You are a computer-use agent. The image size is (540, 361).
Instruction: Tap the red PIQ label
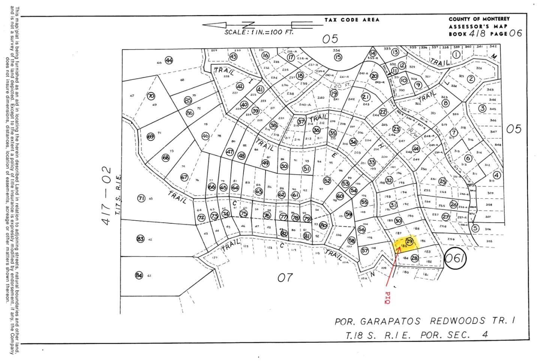click(x=388, y=297)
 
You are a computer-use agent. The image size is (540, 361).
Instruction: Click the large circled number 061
click(x=455, y=259)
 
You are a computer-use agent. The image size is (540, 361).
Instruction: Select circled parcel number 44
click(x=169, y=60)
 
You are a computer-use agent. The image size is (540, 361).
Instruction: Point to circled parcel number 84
click(x=139, y=275)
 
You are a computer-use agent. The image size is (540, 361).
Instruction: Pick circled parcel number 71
click(x=141, y=198)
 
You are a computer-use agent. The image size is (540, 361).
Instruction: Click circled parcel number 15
click(x=338, y=57)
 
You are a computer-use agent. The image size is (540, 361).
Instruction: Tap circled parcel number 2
click(x=471, y=79)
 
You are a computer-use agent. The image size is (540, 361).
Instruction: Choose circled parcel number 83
click(x=140, y=239)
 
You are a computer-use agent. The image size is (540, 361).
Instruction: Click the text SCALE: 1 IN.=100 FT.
click(x=259, y=32)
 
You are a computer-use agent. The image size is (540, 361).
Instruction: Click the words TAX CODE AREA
click(x=352, y=20)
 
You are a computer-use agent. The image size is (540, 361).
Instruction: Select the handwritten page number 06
click(x=515, y=33)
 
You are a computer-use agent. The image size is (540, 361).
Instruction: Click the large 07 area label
click(x=285, y=278)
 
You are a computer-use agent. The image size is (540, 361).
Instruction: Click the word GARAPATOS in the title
click(x=390, y=322)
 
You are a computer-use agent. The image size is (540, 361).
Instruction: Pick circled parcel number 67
click(x=184, y=177)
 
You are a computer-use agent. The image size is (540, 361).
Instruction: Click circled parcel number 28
click(x=414, y=258)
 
